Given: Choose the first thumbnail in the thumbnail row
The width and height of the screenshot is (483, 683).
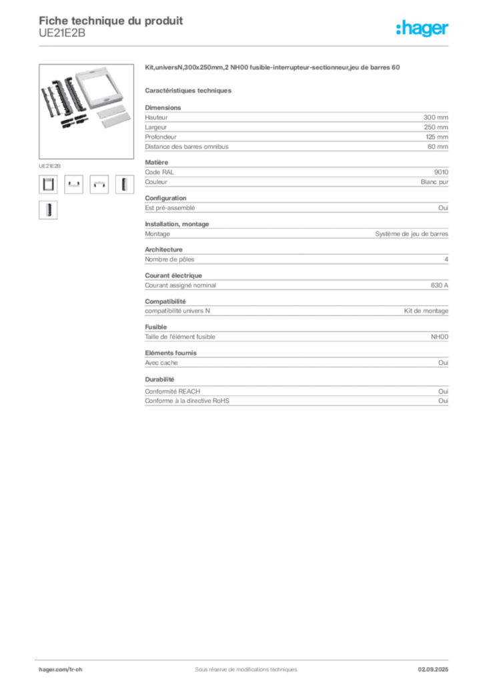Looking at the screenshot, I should [47, 183].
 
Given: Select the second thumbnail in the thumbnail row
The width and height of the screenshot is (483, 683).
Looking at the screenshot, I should [73, 183].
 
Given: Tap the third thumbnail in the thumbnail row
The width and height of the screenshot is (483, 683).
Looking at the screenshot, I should [99, 183].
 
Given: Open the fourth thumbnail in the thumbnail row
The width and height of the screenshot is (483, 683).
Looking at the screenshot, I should [124, 183].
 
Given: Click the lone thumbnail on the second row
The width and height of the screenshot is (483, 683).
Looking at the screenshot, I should [47, 210].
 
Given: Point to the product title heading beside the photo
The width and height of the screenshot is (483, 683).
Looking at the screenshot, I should [274, 66].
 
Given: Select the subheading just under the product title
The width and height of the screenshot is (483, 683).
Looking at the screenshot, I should [189, 89].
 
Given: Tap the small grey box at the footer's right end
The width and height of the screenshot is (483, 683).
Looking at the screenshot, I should [438, 664].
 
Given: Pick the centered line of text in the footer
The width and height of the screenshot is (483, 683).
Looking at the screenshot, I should [240, 666].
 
